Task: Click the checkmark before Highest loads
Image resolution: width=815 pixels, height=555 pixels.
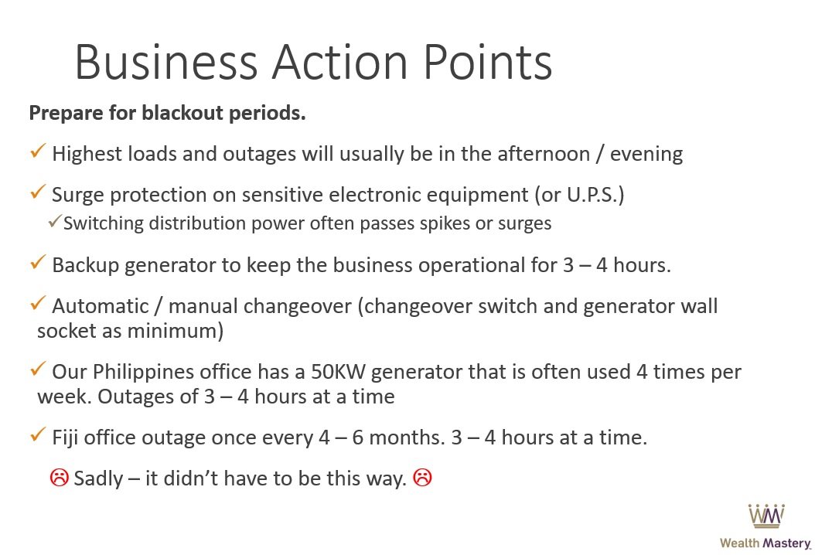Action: tap(39, 151)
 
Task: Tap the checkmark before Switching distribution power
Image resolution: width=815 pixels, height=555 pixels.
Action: tap(55, 221)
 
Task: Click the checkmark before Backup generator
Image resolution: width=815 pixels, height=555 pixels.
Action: tap(39, 262)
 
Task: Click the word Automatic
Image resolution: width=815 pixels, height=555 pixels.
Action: tap(101, 306)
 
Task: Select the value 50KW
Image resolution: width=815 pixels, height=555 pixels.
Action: tap(339, 372)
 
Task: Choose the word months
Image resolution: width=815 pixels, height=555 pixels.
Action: tap(407, 438)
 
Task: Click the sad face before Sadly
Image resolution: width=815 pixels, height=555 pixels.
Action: tap(60, 477)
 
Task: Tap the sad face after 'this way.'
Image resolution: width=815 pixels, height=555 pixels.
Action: tap(422, 477)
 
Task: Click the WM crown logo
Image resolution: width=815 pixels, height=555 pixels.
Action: tap(766, 516)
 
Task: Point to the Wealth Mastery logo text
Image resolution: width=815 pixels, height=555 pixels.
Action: tap(765, 543)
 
